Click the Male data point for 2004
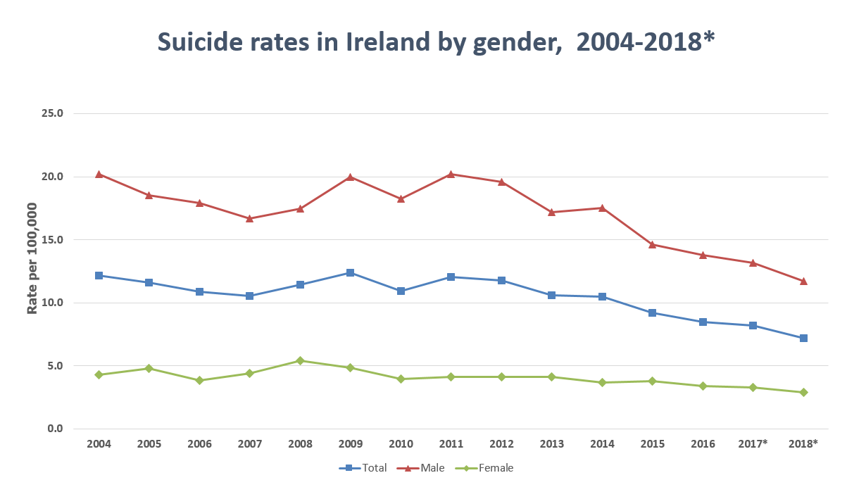tap(99, 174)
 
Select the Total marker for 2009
tap(351, 272)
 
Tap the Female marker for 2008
tap(300, 360)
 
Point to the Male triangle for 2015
tap(653, 244)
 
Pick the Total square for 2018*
tap(803, 338)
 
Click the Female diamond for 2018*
tap(803, 392)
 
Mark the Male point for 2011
tap(451, 174)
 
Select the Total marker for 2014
tap(602, 296)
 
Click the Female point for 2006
tap(199, 380)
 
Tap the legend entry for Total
tap(363, 468)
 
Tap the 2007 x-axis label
tap(250, 443)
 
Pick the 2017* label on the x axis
tap(753, 443)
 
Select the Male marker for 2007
tap(250, 218)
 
